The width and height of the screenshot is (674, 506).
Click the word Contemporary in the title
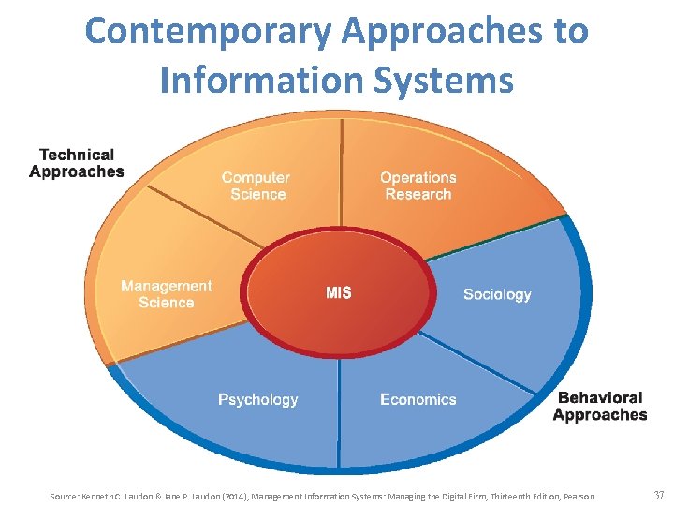208,32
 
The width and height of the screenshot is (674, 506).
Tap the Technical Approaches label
76,163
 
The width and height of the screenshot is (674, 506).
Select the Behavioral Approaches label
600,407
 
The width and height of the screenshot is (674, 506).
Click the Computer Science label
256,186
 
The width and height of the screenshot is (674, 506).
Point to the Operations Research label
418,186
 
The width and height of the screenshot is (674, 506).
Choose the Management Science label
167,294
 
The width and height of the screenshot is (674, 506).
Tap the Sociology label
497,294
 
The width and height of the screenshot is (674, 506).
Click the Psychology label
258,399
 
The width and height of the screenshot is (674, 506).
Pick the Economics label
418,399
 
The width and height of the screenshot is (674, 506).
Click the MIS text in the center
339,293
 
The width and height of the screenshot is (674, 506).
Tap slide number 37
658,494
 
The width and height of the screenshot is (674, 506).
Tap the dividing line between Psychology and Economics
339,412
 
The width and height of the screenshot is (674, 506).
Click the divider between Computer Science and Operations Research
341,178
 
